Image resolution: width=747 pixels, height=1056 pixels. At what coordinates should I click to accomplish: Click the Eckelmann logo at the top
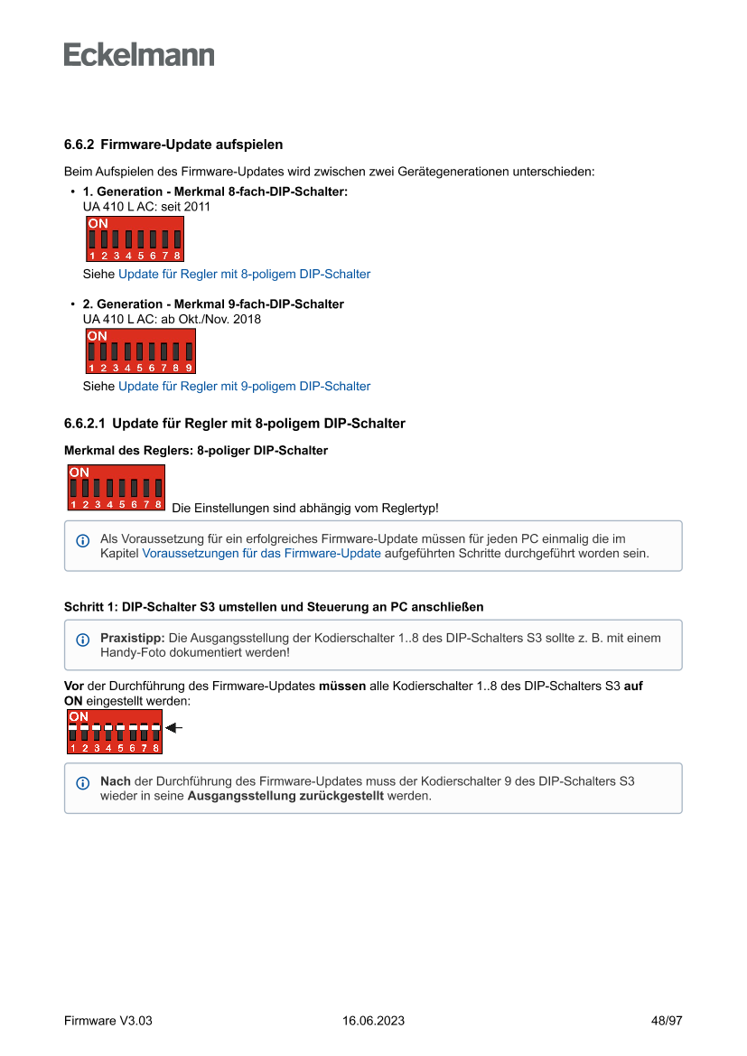(x=139, y=55)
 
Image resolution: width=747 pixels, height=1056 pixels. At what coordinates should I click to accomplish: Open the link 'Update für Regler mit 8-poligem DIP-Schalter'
(x=244, y=274)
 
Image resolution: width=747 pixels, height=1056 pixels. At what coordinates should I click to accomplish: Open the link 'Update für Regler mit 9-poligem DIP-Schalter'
(x=244, y=386)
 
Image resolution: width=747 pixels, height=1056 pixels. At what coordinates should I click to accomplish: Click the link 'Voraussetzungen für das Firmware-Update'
(x=261, y=554)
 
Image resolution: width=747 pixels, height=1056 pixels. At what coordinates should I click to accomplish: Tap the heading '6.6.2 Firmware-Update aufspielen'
(x=173, y=145)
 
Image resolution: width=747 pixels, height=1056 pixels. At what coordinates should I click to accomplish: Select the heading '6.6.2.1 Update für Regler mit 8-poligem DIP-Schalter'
(x=235, y=423)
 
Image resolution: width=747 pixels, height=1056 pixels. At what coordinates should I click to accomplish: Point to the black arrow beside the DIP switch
(x=174, y=727)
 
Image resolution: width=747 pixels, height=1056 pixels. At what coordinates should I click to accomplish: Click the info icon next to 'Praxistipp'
(x=83, y=640)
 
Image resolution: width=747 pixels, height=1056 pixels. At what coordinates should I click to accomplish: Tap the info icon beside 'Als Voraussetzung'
(x=83, y=541)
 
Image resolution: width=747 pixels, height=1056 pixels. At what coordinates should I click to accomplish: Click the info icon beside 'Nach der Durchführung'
(x=83, y=783)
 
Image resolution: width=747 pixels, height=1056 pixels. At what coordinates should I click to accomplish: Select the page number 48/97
(x=667, y=1021)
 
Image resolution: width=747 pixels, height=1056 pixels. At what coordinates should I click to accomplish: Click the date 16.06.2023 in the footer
(x=373, y=1021)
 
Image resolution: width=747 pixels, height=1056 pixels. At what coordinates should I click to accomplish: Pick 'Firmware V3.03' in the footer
(x=108, y=1021)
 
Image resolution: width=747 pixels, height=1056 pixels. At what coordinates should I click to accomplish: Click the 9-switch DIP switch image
(x=140, y=351)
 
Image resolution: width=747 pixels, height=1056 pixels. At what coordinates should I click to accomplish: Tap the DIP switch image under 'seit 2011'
(x=135, y=239)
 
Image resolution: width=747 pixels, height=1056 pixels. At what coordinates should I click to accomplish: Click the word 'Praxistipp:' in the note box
(x=132, y=638)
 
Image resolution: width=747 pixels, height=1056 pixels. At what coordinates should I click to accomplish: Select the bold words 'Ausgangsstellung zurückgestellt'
(x=285, y=797)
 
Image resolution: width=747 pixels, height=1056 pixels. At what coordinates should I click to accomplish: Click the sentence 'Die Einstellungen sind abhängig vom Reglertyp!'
(x=304, y=509)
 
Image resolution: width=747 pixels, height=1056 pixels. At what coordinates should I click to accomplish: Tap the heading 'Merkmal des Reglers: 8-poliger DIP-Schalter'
(x=196, y=450)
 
